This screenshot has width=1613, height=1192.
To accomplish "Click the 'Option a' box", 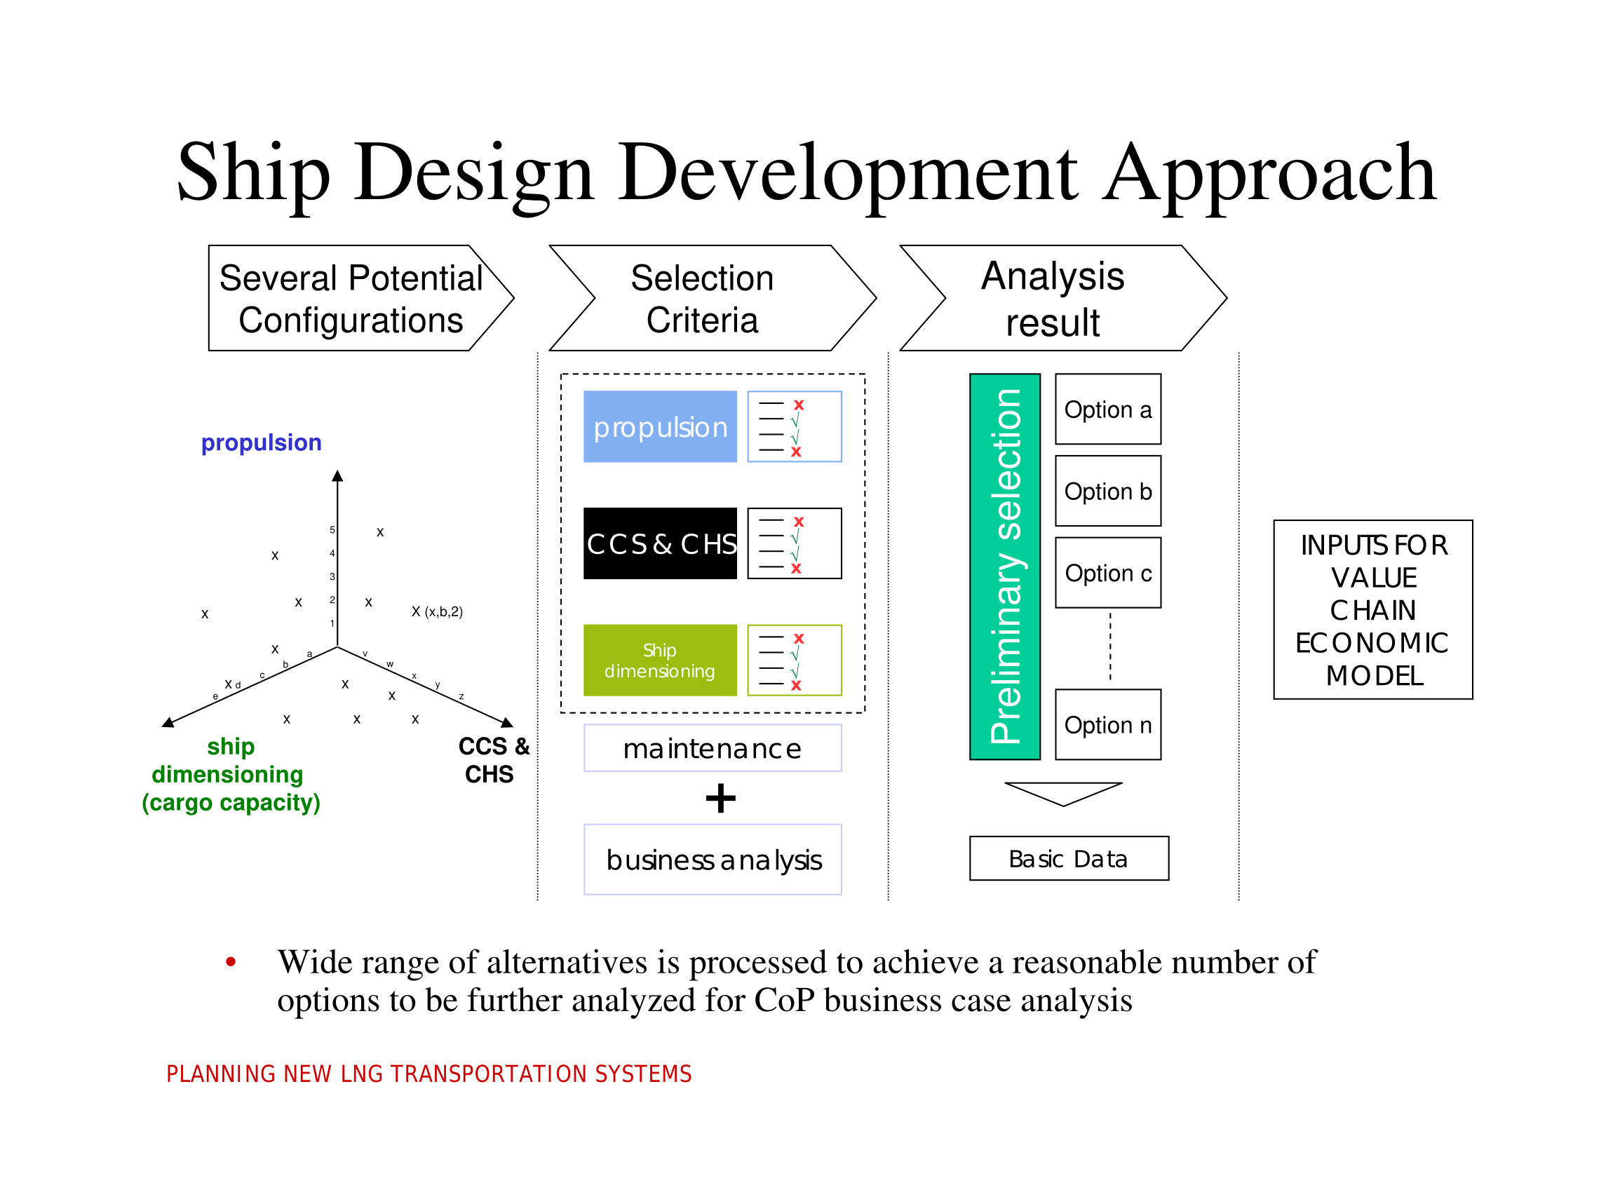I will click(1107, 409).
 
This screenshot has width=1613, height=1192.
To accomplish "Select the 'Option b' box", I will click(1107, 491).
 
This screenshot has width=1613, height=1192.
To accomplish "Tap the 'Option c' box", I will click(1107, 572).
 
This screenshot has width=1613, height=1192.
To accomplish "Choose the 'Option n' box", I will click(1107, 724).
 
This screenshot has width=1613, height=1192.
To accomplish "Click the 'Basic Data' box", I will click(1068, 858).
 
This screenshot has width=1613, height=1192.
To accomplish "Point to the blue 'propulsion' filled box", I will click(660, 426).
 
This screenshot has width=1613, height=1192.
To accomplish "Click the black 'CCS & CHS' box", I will click(660, 543).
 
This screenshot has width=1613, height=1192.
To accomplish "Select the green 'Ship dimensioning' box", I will click(660, 660).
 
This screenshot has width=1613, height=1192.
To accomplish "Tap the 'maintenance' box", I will click(713, 748).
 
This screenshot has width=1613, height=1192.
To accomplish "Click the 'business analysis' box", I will click(713, 860).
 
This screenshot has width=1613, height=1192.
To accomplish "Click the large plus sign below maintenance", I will click(720, 798).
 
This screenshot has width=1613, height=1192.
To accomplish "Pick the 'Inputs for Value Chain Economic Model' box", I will click(1372, 609).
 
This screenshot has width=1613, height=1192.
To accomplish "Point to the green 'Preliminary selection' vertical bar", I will click(1004, 567).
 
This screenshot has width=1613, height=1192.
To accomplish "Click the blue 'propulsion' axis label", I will click(262, 442).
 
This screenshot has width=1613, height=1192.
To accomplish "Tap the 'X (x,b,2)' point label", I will click(438, 611).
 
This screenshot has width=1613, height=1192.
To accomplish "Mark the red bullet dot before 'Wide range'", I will click(231, 961).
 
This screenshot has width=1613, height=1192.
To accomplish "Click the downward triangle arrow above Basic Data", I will click(1063, 792).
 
